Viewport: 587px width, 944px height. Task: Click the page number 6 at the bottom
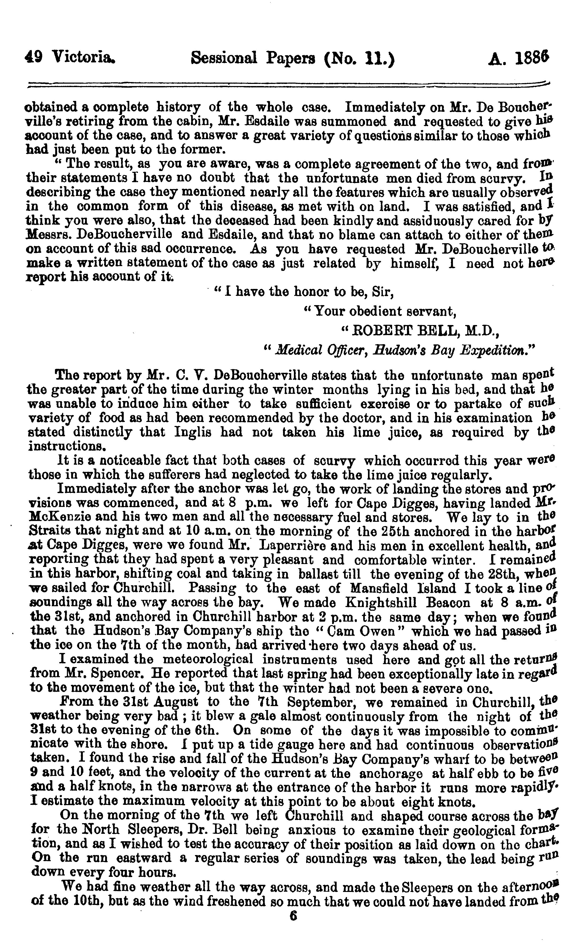coord(293,926)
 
